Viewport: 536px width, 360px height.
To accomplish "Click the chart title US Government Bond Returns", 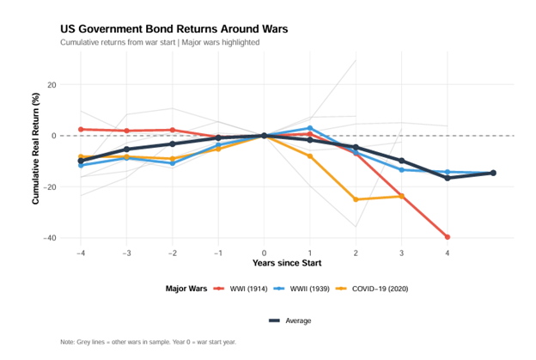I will (174, 28).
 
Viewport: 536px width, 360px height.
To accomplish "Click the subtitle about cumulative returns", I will (160, 42).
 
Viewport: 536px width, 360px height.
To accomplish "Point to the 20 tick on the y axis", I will (52, 85).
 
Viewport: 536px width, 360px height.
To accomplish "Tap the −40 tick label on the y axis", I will (50, 238).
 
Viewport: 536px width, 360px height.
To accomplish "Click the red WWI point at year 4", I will (448, 237).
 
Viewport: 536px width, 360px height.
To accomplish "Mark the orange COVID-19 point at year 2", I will (356, 199).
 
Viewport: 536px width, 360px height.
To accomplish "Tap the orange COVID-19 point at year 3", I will (401, 196).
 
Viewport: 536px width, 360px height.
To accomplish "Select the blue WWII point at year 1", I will (309, 128).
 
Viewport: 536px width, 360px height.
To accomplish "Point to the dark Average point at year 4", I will (448, 178).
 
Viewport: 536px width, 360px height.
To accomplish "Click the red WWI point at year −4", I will (81, 130).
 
